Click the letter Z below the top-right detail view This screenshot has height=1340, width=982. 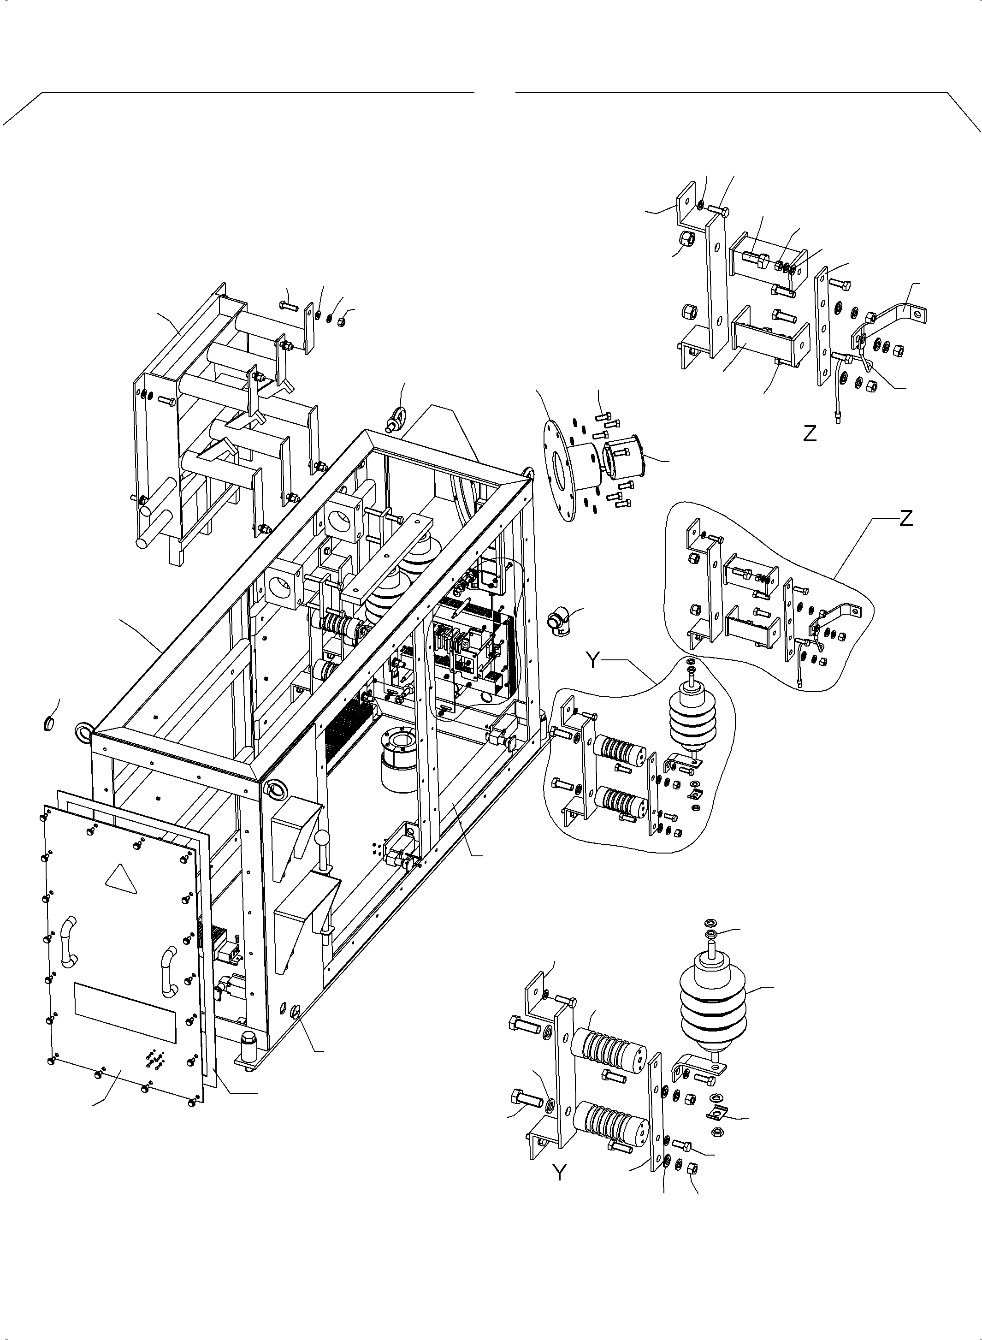pyautogui.click(x=810, y=434)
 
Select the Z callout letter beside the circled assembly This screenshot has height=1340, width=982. pyautogui.click(x=906, y=519)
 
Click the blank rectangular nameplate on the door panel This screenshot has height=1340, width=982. pyautogui.click(x=125, y=1013)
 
